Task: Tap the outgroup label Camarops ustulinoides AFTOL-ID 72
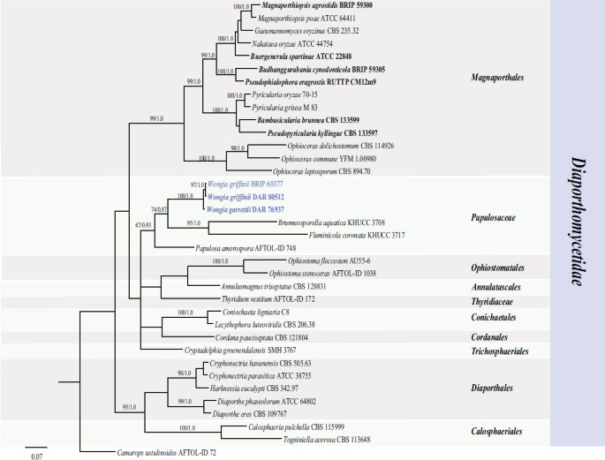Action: pyautogui.click(x=165, y=451)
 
